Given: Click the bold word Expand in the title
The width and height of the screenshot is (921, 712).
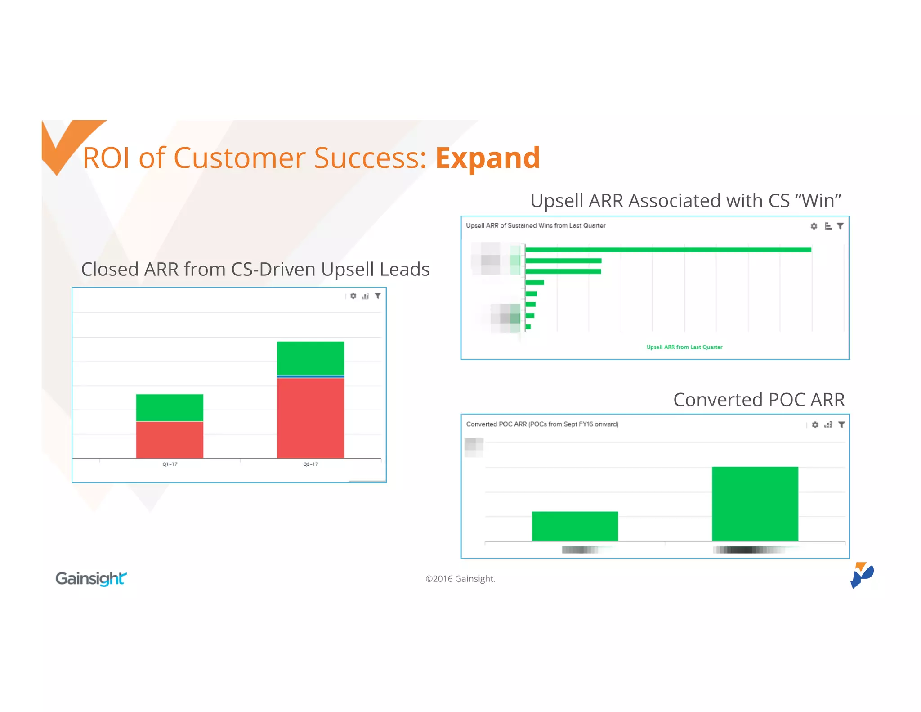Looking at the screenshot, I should [487, 158].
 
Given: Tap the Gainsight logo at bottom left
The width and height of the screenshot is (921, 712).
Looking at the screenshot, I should [91, 578].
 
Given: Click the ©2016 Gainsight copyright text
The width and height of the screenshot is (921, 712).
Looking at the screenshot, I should [460, 579].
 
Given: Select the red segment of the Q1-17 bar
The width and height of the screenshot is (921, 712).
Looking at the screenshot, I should [170, 439].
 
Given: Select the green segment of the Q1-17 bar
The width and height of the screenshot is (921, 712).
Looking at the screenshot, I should [170, 407].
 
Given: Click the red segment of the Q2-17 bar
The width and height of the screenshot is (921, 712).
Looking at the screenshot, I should [310, 417].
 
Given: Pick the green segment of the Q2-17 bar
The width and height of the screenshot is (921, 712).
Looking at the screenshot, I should [310, 358].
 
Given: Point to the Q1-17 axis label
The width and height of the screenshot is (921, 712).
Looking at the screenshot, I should [170, 464].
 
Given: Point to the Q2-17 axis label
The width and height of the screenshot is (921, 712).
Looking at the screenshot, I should [310, 464].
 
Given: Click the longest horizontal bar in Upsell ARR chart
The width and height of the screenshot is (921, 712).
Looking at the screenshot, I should [668, 249].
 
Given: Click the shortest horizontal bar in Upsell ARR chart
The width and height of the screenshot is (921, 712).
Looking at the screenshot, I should [528, 327].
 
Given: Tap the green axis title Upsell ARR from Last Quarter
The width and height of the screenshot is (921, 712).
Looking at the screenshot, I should [684, 347].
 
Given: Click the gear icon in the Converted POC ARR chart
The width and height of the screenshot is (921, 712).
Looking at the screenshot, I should [815, 424].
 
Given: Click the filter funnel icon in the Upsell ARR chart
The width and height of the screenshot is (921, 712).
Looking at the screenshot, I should [840, 226].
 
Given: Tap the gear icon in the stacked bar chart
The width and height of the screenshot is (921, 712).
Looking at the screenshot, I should [353, 296].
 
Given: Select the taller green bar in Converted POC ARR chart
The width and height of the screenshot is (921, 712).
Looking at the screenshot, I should [755, 504].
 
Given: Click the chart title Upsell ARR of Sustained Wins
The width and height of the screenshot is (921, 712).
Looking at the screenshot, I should [535, 225].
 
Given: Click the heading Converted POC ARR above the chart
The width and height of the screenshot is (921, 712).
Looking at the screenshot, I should [759, 400].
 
